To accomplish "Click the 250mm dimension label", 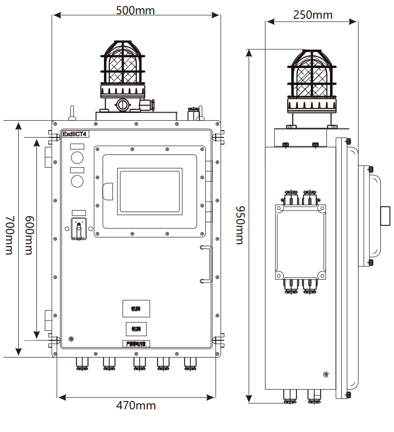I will [312, 15].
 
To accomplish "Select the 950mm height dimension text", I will [239, 224].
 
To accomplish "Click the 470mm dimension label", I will [136, 405].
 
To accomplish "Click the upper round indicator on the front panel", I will [77, 157].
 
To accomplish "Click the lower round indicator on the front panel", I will [77, 181].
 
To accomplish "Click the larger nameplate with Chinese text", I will [136, 308].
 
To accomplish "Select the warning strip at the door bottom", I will [136, 344].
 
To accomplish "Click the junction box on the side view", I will [300, 242].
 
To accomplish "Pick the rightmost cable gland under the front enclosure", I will [190, 364].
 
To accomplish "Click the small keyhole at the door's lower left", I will [72, 339].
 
